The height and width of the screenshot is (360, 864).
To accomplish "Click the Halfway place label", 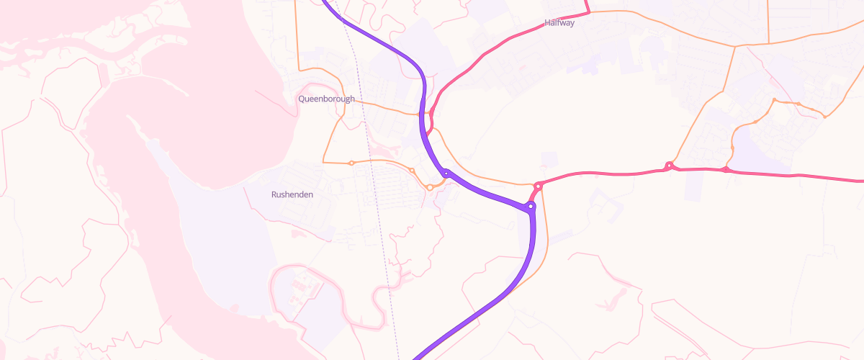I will (x=559, y=23).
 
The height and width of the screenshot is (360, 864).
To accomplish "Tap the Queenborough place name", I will (x=326, y=99).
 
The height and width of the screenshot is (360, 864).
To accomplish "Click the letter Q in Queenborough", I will (x=302, y=99).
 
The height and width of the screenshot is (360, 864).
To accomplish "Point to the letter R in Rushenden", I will (x=274, y=194).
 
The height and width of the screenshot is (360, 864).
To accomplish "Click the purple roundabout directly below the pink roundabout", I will (x=531, y=207).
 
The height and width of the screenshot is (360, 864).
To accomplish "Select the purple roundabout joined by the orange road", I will (x=446, y=173).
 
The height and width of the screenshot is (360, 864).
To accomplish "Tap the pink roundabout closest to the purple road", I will (x=538, y=186).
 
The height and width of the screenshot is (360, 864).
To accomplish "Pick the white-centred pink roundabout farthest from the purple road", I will (x=669, y=166).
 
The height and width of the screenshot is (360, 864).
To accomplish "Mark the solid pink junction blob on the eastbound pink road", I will (x=725, y=169).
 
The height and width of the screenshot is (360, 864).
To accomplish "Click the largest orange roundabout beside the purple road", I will (x=430, y=187).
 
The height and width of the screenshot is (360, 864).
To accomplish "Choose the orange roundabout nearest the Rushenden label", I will (x=351, y=163).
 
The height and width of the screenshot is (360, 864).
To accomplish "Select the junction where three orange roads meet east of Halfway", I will (x=735, y=47).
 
